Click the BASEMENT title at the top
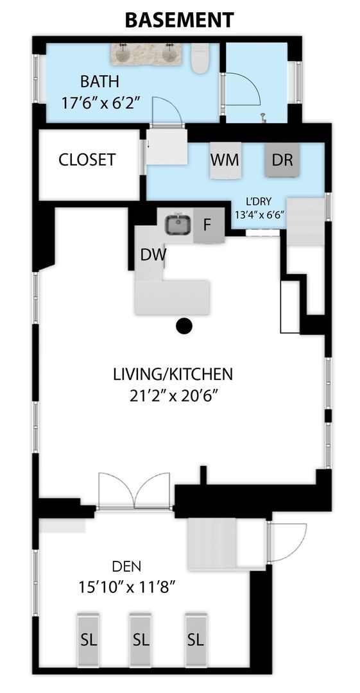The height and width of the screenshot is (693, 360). (x=180, y=20)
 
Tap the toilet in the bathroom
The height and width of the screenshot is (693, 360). (x=200, y=59)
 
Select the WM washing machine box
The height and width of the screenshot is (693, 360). (x=225, y=160)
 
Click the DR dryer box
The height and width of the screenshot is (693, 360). (x=282, y=160)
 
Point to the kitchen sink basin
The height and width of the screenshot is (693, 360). (x=178, y=225)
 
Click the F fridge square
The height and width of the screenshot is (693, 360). (x=209, y=225)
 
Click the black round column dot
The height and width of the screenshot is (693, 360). (x=184, y=326)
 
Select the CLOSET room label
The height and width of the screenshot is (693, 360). (x=87, y=160)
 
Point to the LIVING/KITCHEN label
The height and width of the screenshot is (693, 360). (x=173, y=374)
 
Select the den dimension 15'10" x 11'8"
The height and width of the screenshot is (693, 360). (x=127, y=587)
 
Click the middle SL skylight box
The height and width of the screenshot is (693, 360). (x=140, y=639)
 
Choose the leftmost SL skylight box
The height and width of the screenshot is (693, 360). (x=88, y=639)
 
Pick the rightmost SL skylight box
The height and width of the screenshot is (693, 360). (x=196, y=639)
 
